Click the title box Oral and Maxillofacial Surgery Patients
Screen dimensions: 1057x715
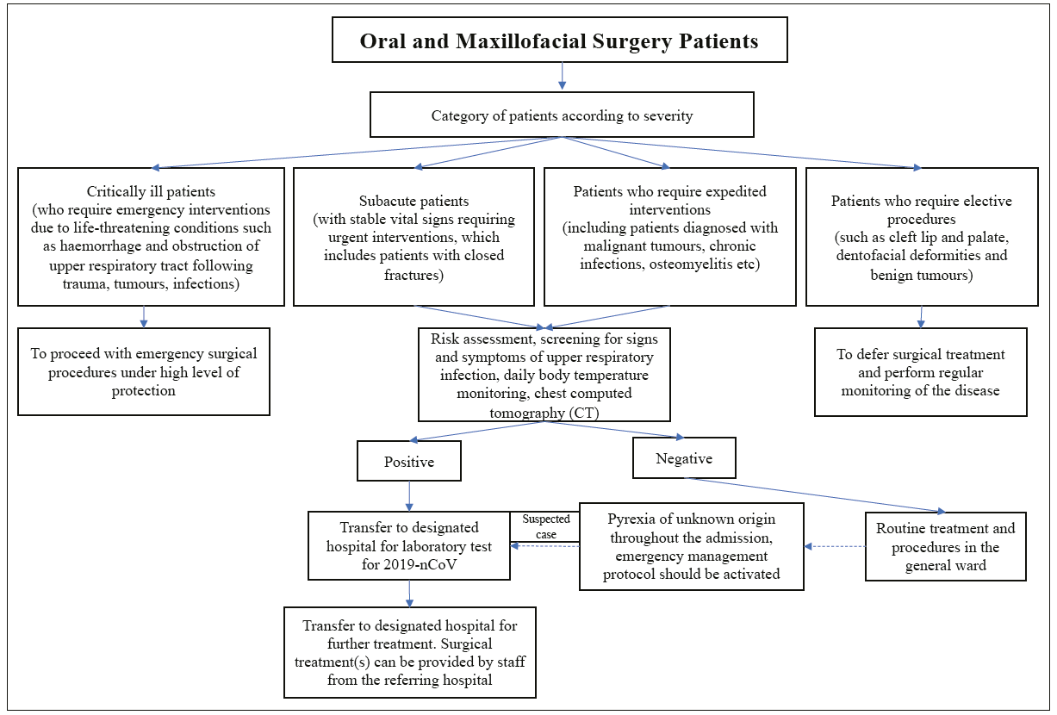point(560,40)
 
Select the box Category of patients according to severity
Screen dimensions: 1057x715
point(562,115)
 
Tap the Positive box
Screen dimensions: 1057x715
point(409,461)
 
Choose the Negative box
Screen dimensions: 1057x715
point(684,457)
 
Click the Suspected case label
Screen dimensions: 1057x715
point(546,526)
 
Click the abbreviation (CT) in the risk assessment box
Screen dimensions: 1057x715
point(584,413)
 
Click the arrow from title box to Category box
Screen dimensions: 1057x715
point(562,76)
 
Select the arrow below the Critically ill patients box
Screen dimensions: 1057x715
point(144,317)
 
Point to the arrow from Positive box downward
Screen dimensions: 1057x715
point(409,496)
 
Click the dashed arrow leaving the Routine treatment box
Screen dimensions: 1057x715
point(835,546)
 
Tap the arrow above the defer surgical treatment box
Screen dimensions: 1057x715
point(921,317)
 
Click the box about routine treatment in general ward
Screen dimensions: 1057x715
point(946,546)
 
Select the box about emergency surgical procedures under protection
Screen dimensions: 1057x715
point(144,372)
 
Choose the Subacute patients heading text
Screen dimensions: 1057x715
point(413,201)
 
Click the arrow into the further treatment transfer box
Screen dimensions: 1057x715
point(409,594)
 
